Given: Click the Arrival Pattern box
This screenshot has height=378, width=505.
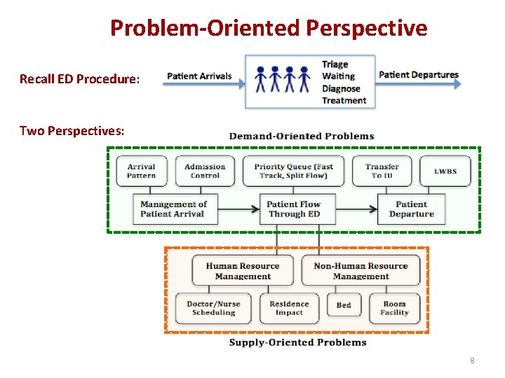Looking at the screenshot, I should point(141,171).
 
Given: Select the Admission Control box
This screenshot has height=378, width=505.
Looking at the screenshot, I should point(205,171).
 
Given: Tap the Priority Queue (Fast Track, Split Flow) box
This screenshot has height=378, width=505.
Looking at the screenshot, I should point(294,171).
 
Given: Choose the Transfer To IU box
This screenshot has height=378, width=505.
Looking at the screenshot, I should point(382,171).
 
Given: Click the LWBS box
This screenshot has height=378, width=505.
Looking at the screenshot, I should point(445,171).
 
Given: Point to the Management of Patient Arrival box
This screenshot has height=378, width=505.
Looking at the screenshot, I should point(175,209).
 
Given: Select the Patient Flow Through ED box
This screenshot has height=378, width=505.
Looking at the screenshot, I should point(293,209).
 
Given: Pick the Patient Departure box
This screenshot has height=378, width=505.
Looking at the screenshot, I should point(412,209).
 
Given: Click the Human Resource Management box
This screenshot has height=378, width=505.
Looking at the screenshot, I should point(243,271).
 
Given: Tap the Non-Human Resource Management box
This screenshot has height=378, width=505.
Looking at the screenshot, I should point(361,271).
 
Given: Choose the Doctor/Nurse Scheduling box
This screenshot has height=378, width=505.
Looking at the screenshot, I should point(213,308).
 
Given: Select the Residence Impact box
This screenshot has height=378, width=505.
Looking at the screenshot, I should point(289,308).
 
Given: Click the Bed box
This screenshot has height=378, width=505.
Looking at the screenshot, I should point(344,306).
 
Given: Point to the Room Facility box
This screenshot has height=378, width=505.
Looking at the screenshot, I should point(394,308).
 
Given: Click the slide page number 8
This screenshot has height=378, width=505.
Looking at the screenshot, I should point(472,360).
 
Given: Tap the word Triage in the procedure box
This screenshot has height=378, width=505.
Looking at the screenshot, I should point(335,64).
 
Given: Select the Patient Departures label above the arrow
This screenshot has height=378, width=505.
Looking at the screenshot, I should point(418,75).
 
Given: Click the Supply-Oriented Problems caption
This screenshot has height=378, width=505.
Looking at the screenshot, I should point(297,342).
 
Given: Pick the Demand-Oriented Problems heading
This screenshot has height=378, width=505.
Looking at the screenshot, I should point(302,136).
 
